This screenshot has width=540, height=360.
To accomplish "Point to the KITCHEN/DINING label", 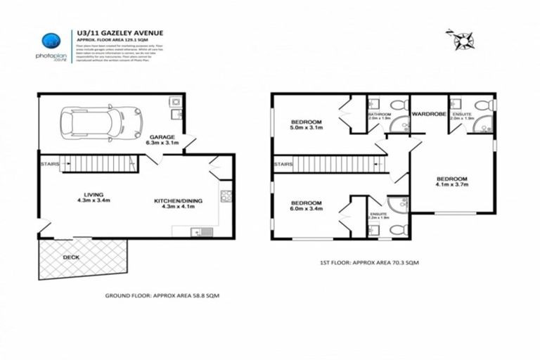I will click(179, 202).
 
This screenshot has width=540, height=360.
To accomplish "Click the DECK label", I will click(72, 257).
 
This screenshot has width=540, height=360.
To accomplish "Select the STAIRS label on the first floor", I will click(283, 165).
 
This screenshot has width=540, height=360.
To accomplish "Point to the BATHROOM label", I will click(379, 112).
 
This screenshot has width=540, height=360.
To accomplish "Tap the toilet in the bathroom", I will click(399, 105).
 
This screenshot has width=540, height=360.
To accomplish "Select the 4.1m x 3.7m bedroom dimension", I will click(451, 186).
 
